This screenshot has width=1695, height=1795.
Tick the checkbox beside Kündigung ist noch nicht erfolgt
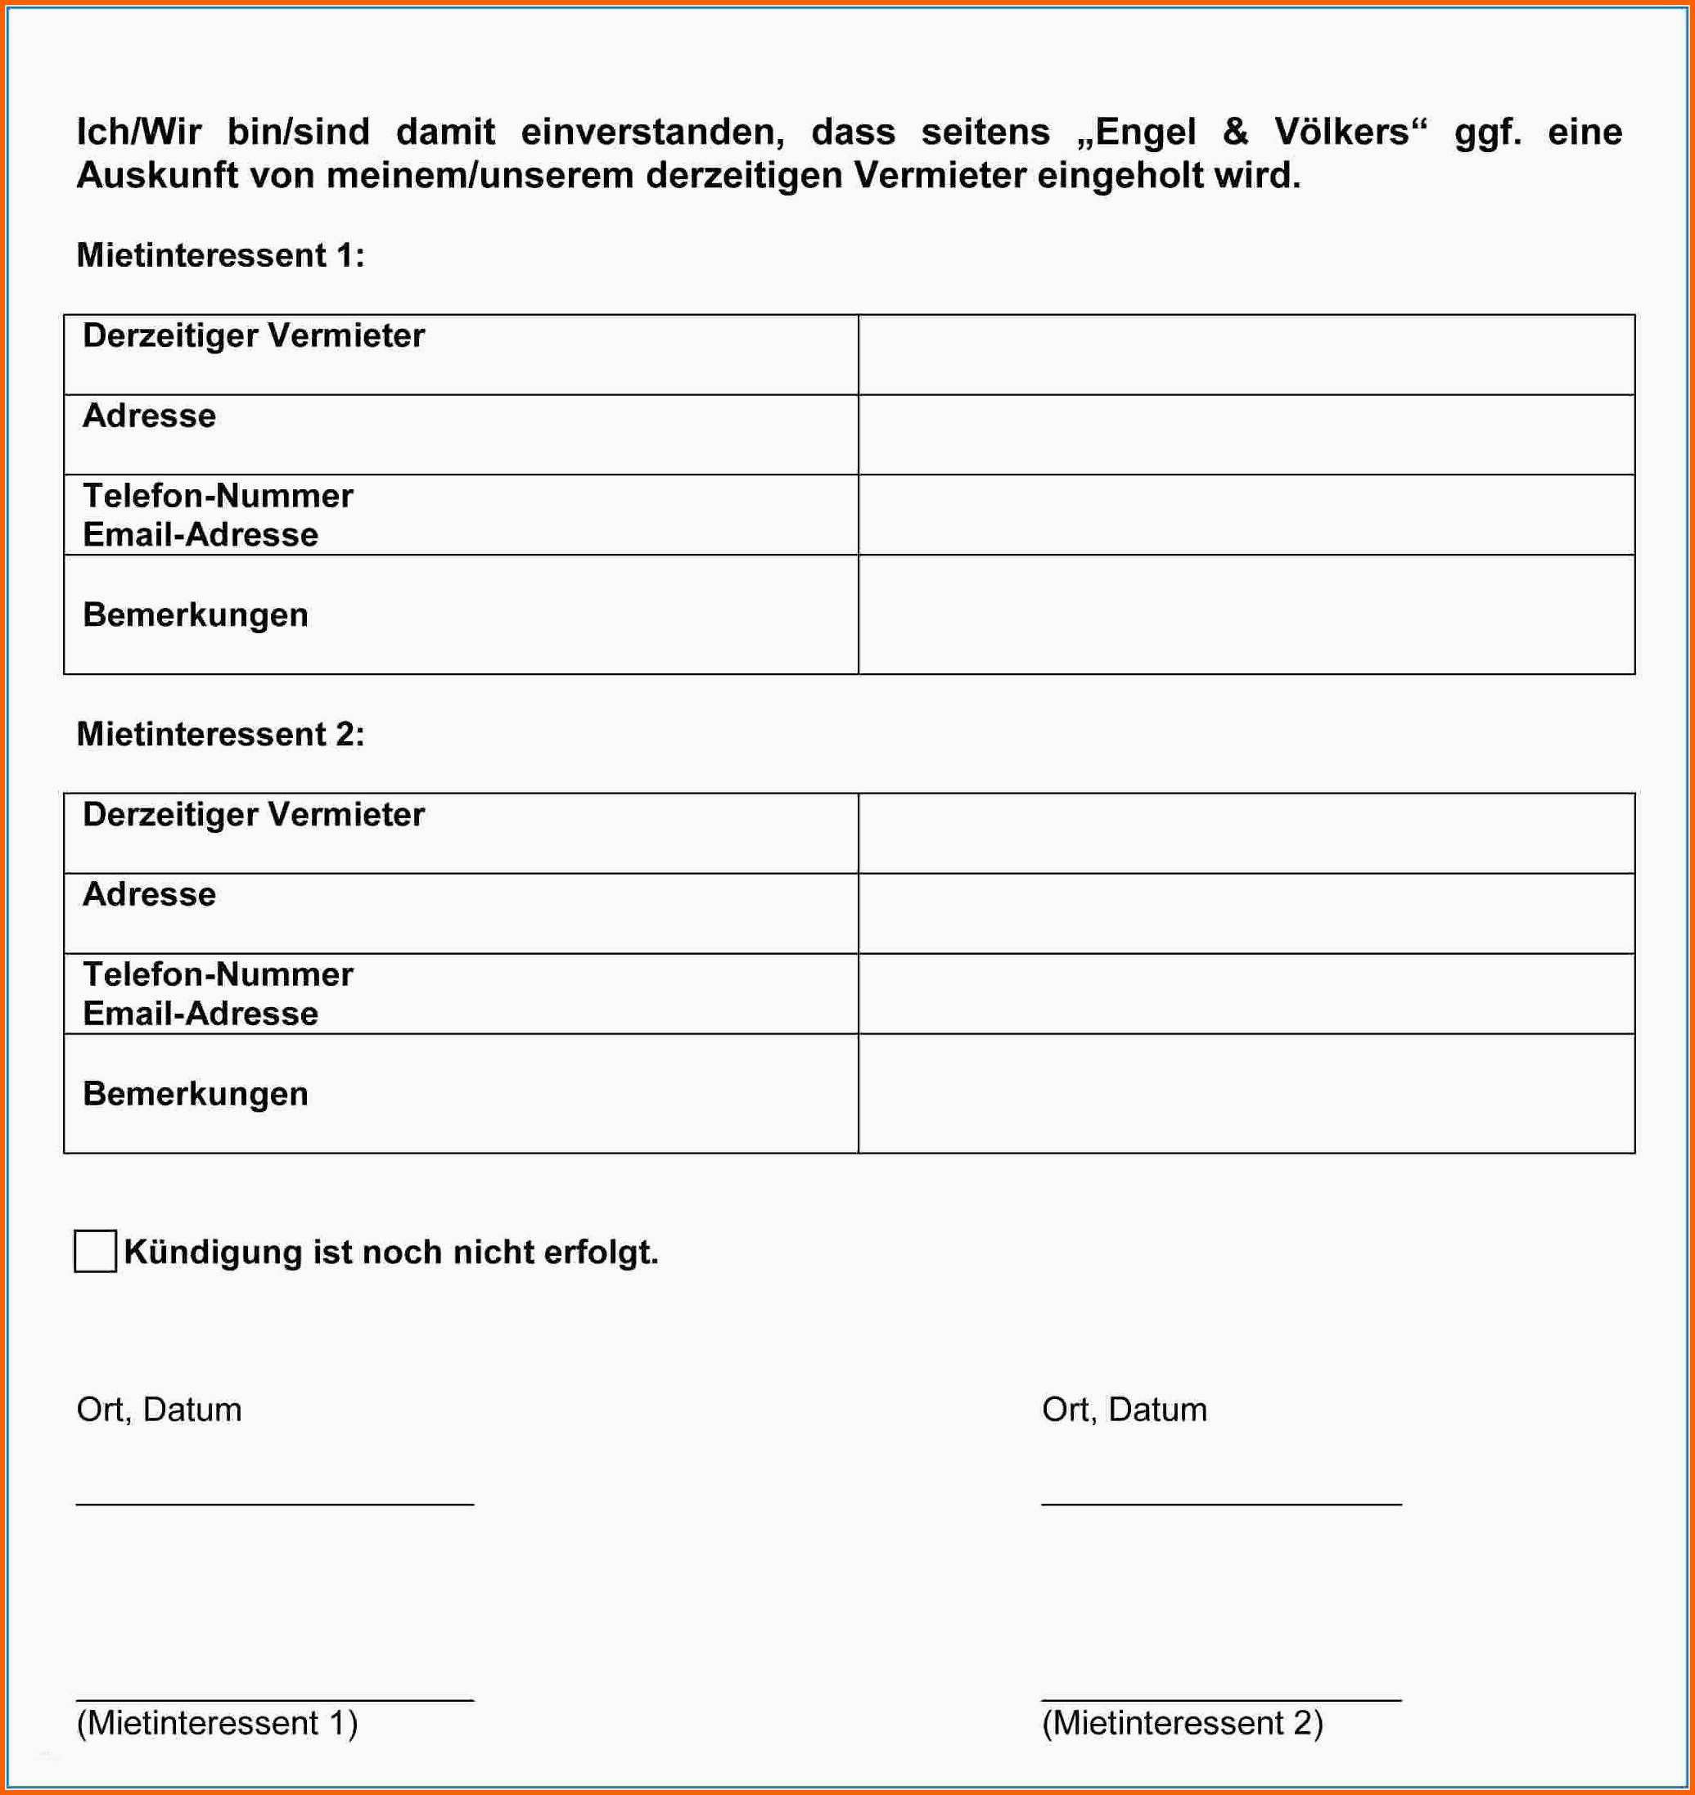point(95,1251)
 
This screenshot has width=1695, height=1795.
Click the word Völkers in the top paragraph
point(1341,133)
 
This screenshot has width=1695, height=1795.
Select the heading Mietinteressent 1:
point(220,255)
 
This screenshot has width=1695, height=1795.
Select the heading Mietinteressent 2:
point(220,735)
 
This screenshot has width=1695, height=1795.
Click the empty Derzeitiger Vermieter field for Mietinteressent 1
point(1245,355)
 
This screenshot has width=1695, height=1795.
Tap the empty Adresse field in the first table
point(1245,434)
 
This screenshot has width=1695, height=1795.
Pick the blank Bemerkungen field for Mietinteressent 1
point(1245,614)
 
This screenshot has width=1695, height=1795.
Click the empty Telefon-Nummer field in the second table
point(1245,994)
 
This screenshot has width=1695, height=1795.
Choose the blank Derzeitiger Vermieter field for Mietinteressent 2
point(1245,833)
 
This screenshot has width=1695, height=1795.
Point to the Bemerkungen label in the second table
point(195,1094)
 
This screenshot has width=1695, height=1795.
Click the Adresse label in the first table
point(149,416)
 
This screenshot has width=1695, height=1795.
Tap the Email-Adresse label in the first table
point(201,535)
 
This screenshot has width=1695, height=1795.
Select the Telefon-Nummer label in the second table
point(218,974)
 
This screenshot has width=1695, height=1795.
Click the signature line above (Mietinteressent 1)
point(275,1700)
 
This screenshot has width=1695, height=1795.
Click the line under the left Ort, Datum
point(275,1504)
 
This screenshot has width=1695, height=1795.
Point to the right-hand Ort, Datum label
point(1124,1410)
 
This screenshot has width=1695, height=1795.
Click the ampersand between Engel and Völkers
point(1235,133)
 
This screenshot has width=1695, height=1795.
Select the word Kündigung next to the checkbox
point(212,1252)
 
